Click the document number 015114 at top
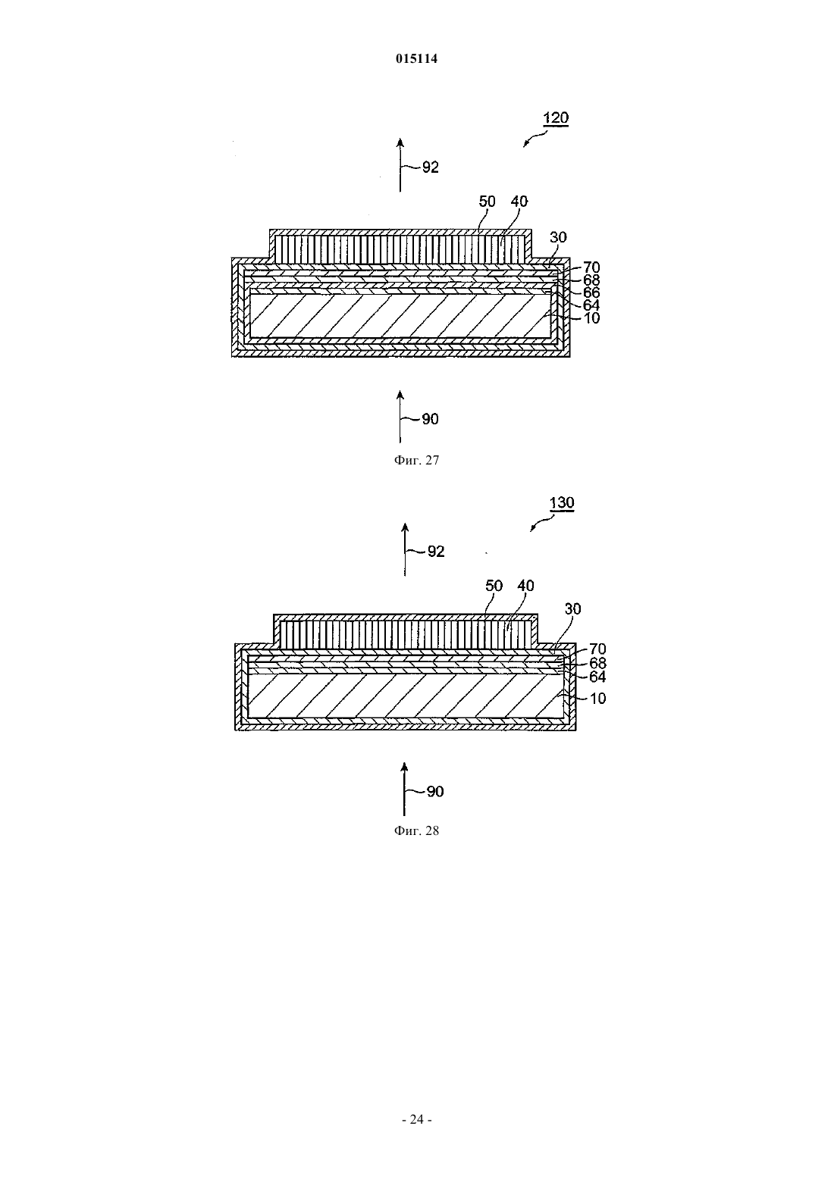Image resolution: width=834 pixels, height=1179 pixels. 416,58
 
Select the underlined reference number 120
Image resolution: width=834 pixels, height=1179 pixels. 556,117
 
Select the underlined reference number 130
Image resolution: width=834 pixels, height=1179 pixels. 561,502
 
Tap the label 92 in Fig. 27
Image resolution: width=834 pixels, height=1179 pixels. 430,167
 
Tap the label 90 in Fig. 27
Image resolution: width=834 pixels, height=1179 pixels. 430,419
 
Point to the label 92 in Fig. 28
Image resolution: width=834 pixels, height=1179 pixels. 436,552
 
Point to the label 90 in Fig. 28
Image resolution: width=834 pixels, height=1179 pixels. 435,792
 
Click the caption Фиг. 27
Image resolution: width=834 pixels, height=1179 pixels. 416,460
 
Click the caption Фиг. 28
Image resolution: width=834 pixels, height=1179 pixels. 416,830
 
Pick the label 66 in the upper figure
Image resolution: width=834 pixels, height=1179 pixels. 591,292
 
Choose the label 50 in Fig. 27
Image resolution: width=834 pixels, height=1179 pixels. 487,201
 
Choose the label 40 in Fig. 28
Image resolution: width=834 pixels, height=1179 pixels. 525,585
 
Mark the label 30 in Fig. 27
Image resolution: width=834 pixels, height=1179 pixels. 558,237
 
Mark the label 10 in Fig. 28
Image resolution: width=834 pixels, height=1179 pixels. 597,699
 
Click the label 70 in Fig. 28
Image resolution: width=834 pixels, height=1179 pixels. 597,649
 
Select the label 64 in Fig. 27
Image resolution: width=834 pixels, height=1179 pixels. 591,305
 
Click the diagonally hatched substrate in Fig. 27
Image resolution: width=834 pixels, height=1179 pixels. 400,316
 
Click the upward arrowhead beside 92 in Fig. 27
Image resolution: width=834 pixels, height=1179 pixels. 400,142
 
